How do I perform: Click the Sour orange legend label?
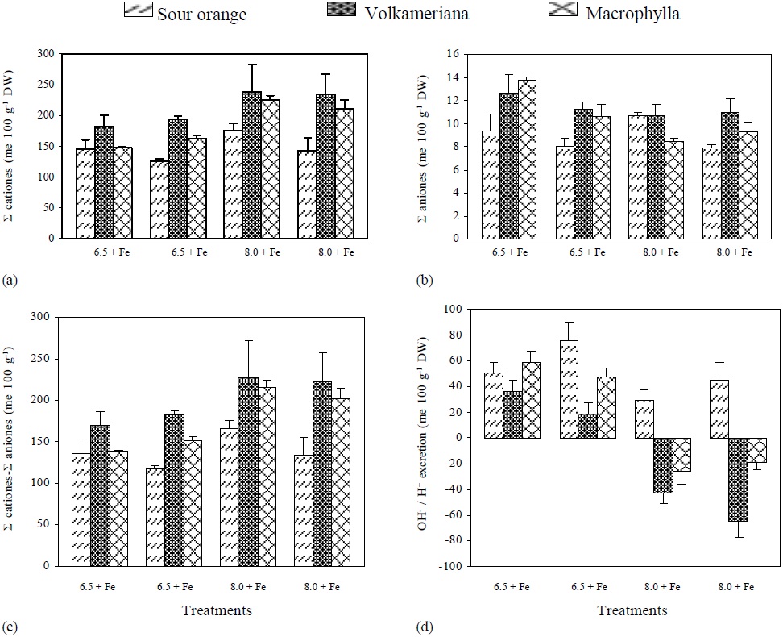click(201, 14)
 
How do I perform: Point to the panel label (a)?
click(10, 280)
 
